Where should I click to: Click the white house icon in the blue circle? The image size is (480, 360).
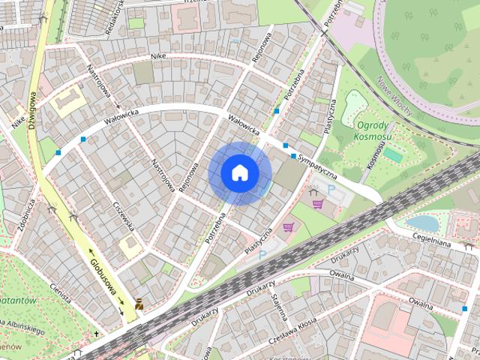239,172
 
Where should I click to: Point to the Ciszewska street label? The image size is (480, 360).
124,214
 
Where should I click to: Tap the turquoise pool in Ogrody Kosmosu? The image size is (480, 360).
393,154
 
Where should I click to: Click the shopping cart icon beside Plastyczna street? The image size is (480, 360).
288,227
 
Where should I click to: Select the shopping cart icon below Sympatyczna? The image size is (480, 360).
318,203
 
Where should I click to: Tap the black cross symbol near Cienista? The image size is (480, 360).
96,333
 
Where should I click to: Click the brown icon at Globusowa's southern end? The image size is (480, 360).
139,303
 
